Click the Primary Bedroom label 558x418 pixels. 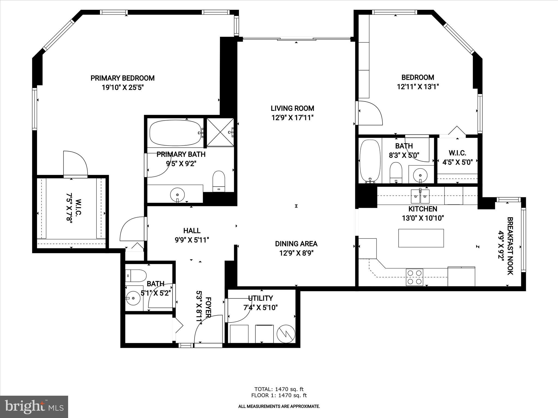pyautogui.click(x=122, y=78)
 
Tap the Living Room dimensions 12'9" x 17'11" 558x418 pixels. pyautogui.click(x=292, y=118)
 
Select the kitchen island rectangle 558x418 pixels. pyautogui.click(x=421, y=238)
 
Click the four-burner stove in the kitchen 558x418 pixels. pyautogui.click(x=414, y=277)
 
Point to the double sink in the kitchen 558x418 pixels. pyautogui.click(x=420, y=196)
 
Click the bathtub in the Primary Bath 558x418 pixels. pyautogui.click(x=176, y=133)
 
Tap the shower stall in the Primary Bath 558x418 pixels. pyautogui.click(x=220, y=132)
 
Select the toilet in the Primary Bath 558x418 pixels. pyautogui.click(x=219, y=181)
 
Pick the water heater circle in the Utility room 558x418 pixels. pyautogui.click(x=286, y=333)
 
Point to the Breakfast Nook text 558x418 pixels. pyautogui.click(x=510, y=246)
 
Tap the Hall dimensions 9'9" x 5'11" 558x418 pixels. pyautogui.click(x=192, y=240)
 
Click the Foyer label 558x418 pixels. pyautogui.click(x=208, y=308)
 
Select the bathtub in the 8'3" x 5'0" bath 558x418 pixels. pyautogui.click(x=370, y=161)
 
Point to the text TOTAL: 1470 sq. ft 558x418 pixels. pyautogui.click(x=279, y=389)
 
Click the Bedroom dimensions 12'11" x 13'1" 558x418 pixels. pyautogui.click(x=418, y=87)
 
